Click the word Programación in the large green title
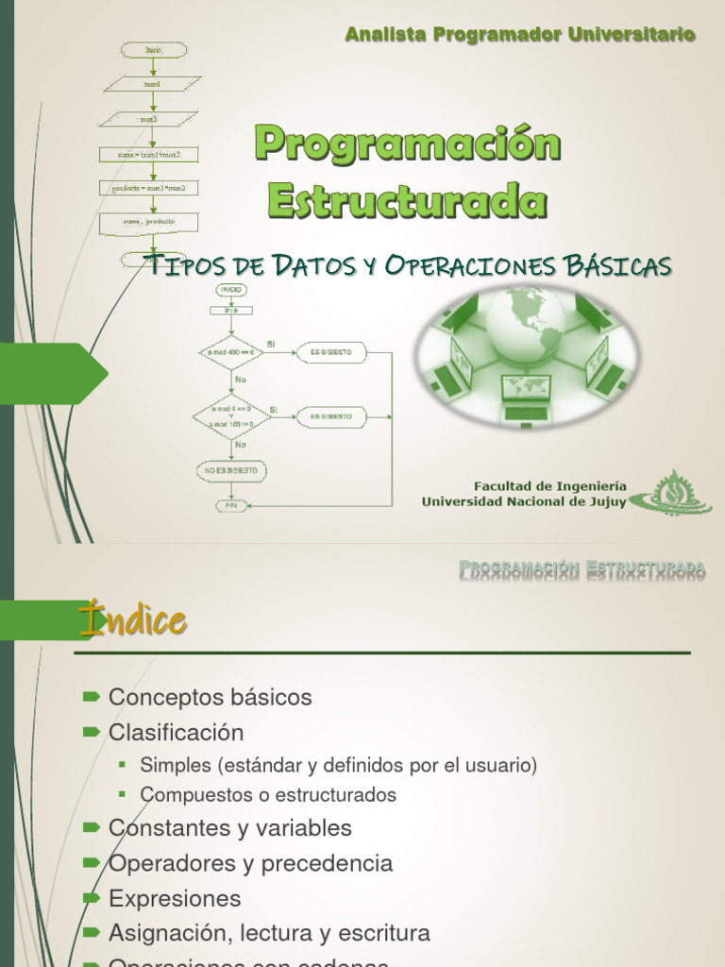tap(408, 145)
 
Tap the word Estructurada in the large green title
tap(407, 201)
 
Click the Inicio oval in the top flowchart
tap(154, 49)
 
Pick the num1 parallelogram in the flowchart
tap(153, 84)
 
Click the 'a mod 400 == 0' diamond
tap(230, 353)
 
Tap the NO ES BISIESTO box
tap(230, 469)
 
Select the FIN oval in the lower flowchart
tap(229, 505)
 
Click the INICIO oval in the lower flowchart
tap(230, 289)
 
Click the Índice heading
tap(132, 621)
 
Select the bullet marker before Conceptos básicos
tap(91, 697)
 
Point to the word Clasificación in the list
tap(176, 733)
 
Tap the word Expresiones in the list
tap(175, 898)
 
